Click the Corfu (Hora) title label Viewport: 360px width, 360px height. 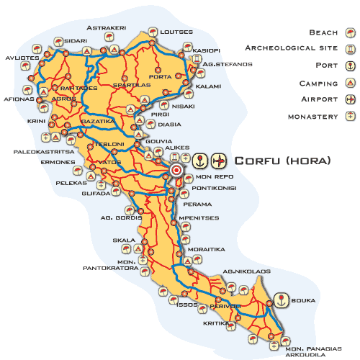[x=283, y=161]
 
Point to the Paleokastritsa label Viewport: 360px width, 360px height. [x=43, y=152]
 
